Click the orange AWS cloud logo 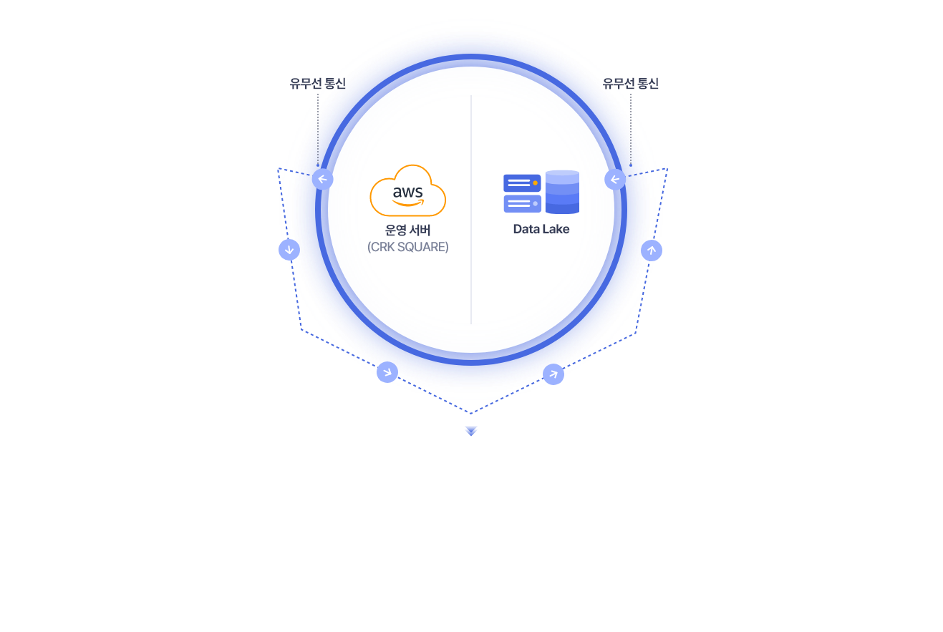tap(407, 190)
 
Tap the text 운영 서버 tap(407, 230)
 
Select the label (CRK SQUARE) tap(407, 247)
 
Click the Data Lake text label tap(541, 229)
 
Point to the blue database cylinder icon tap(562, 192)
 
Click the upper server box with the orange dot tap(522, 183)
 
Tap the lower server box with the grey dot tap(522, 204)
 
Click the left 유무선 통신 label tap(317, 83)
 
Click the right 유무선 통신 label tap(630, 83)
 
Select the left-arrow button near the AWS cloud tap(322, 180)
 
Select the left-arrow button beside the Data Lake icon tap(615, 180)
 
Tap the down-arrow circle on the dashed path tap(289, 250)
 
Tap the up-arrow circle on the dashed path tap(652, 251)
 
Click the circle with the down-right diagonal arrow tap(387, 372)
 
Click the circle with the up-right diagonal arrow tap(553, 374)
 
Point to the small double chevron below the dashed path tap(471, 431)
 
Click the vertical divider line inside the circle tap(471, 210)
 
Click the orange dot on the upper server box tap(535, 183)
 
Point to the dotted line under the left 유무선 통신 tap(318, 130)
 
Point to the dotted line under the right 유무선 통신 tap(631, 130)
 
